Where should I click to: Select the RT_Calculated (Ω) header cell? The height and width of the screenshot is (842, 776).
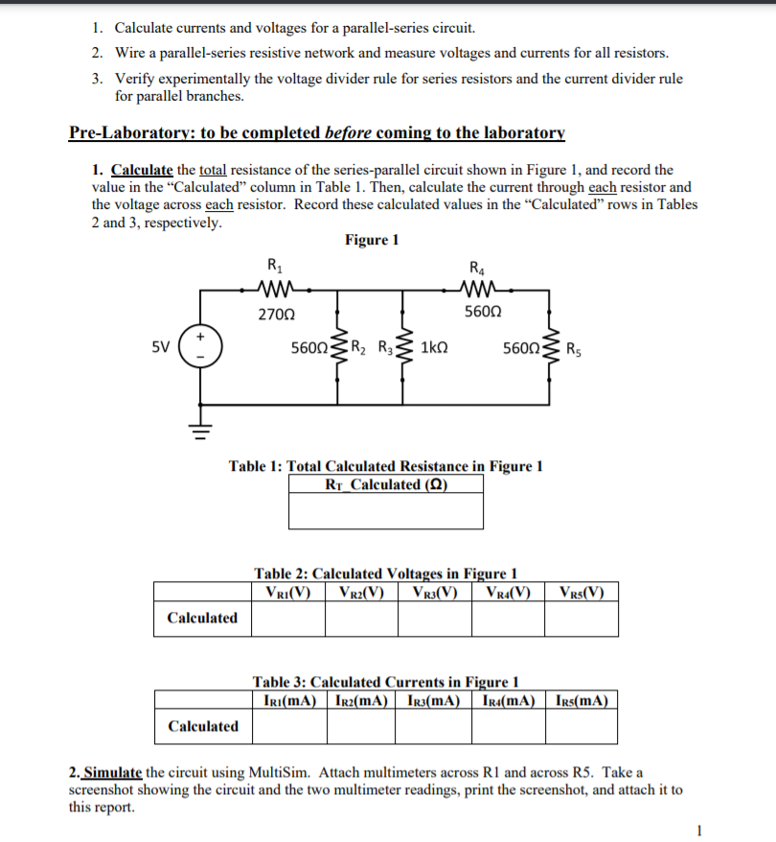tap(386, 484)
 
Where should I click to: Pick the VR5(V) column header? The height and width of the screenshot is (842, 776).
tap(582, 591)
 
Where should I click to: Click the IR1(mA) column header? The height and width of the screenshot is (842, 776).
tap(289, 699)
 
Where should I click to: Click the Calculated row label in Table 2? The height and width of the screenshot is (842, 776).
tap(202, 618)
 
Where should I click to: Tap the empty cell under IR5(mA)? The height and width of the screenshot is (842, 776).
tap(582, 726)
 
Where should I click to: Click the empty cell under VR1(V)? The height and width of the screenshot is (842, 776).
tap(287, 619)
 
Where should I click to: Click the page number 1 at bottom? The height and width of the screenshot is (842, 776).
tap(700, 830)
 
